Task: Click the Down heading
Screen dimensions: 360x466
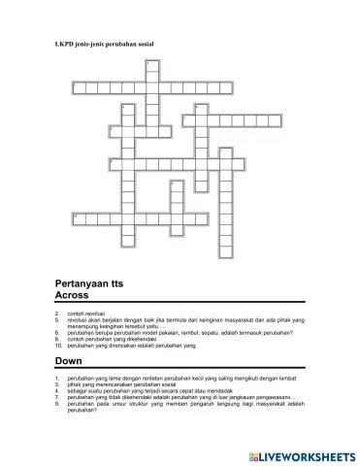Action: [68, 359]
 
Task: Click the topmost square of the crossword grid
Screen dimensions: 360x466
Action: [151, 64]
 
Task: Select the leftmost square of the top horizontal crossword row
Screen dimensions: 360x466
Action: [77, 88]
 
